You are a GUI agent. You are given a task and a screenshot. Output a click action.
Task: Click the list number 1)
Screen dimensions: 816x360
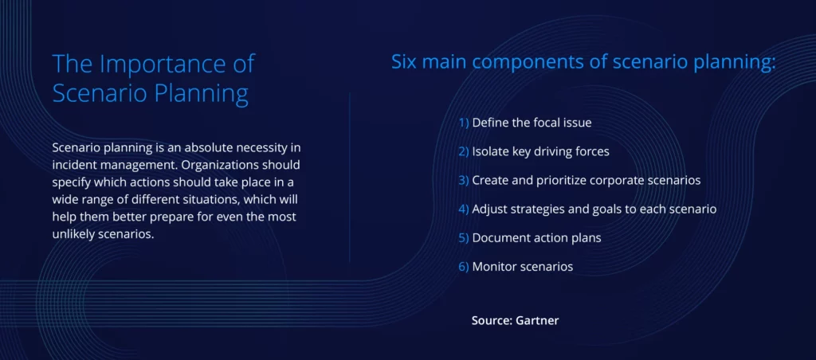point(464,123)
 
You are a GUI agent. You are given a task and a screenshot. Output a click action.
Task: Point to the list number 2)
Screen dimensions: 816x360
point(464,152)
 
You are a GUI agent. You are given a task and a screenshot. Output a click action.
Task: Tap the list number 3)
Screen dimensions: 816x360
point(464,181)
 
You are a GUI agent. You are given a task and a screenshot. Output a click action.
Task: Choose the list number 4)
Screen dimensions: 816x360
point(464,209)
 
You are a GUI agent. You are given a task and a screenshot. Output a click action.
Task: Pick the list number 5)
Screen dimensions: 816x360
point(464,238)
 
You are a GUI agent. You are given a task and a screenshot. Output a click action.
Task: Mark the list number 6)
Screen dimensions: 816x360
point(464,267)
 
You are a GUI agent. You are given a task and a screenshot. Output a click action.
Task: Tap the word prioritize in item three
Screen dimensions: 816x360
point(563,181)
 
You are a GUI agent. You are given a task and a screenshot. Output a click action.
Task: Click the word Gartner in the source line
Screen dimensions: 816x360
point(537,320)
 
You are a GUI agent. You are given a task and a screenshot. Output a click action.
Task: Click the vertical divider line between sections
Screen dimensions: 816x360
point(349,178)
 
